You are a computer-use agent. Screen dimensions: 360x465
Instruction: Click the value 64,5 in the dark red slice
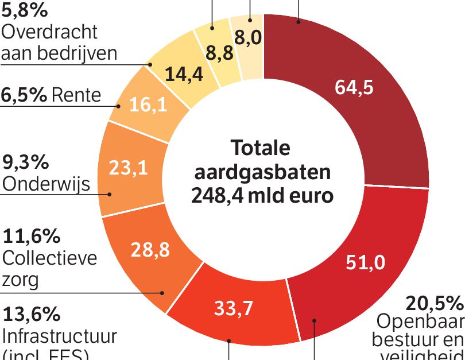(x=354, y=87)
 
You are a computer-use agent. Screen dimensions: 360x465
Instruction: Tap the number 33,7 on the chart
(x=234, y=308)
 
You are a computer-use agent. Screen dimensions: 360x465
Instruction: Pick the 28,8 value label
(x=150, y=250)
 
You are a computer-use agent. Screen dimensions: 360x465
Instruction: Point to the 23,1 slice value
(x=128, y=168)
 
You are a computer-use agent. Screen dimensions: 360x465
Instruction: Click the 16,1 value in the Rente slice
(x=148, y=105)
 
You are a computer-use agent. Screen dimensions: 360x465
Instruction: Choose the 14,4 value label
(x=184, y=74)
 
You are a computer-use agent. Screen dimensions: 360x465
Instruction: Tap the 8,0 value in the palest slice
(x=249, y=38)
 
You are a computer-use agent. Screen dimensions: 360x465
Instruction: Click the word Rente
(x=76, y=95)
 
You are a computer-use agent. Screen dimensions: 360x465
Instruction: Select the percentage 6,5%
(x=24, y=95)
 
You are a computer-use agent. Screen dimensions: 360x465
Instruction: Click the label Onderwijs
(x=46, y=183)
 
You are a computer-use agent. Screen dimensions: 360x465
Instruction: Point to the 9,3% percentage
(x=25, y=162)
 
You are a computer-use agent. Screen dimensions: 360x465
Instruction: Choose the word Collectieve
(x=49, y=258)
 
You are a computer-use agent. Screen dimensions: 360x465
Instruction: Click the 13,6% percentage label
(x=32, y=314)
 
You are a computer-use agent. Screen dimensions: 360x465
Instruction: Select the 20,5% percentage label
(x=433, y=303)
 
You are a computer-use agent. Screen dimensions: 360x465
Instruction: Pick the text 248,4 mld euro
(x=262, y=195)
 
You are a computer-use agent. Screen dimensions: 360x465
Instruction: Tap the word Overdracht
(x=49, y=32)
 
